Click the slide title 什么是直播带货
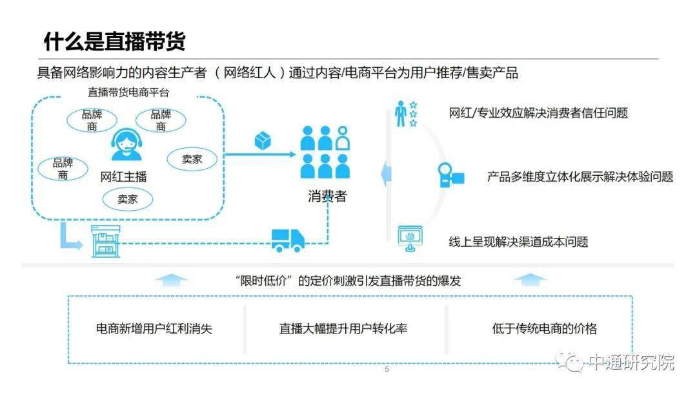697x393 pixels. (x=114, y=41)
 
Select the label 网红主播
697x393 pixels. (x=124, y=176)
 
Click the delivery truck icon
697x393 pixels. (x=287, y=240)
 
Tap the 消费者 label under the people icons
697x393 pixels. (x=327, y=196)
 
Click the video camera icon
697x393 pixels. (x=451, y=175)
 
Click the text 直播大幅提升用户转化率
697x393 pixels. (x=343, y=328)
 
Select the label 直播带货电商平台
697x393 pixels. (x=128, y=92)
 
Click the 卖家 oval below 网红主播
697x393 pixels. (x=127, y=199)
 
